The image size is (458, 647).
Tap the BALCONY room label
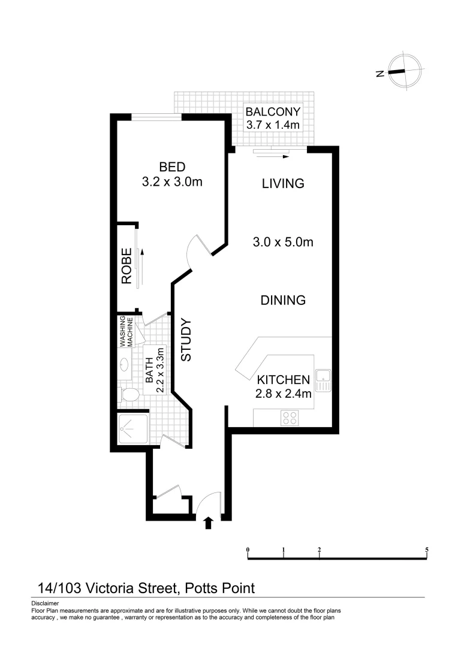(273, 111)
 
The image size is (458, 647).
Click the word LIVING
(283, 183)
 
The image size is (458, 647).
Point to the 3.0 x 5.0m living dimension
(283, 242)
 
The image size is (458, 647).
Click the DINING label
(283, 300)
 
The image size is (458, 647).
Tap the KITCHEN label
(284, 380)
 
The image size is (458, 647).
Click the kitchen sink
(324, 380)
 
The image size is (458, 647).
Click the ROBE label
(126, 266)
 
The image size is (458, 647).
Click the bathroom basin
(125, 364)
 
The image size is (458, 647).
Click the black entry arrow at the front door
(208, 524)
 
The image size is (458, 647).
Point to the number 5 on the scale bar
(426, 549)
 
